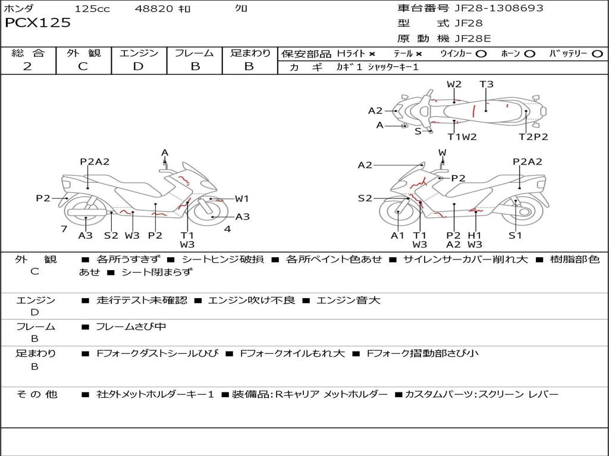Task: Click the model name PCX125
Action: click(x=38, y=23)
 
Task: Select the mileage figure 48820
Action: click(x=154, y=8)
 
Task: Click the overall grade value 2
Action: click(x=27, y=66)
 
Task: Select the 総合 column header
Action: click(x=28, y=53)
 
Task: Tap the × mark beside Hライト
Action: click(x=372, y=53)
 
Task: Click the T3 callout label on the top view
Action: click(x=486, y=84)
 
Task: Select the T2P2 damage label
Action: click(x=533, y=137)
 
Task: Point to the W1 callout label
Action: click(x=241, y=199)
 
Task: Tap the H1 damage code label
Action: click(x=474, y=235)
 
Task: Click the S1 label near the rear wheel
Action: click(x=515, y=235)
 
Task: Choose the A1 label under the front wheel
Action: click(x=397, y=235)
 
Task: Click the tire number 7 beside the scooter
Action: click(x=63, y=229)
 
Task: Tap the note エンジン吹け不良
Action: click(x=252, y=300)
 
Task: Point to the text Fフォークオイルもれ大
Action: click(x=292, y=353)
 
